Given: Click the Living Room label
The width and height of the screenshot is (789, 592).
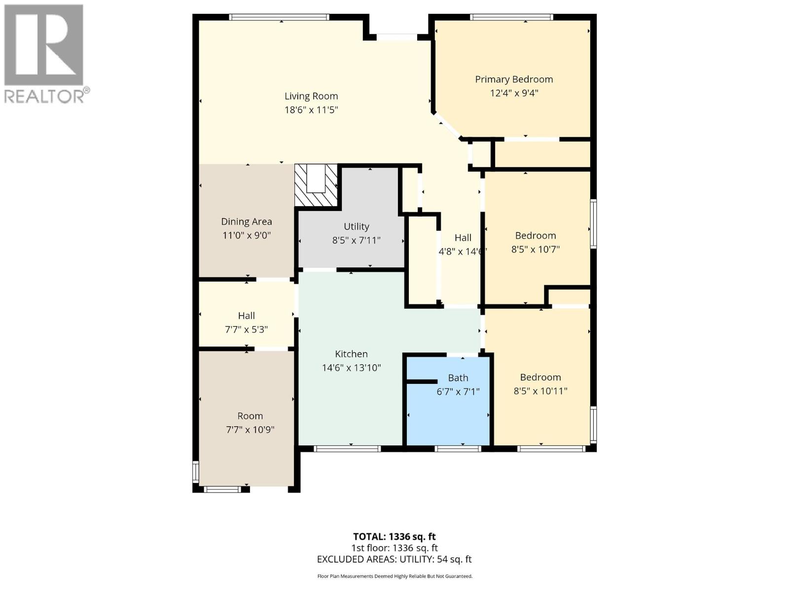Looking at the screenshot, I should [311, 96].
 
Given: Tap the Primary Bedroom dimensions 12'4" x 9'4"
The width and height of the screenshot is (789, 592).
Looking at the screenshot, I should [514, 93].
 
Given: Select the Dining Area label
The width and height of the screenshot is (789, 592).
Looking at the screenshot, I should [246, 222].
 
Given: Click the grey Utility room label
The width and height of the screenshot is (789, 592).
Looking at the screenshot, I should [356, 226].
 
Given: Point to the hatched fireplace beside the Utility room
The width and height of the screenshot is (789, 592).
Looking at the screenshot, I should [316, 186].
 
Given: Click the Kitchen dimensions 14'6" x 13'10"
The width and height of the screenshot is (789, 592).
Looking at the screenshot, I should [351, 368].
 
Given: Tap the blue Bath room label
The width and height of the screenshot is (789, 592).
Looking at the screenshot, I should [458, 378].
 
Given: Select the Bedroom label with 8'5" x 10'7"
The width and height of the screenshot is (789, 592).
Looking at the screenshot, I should [535, 235].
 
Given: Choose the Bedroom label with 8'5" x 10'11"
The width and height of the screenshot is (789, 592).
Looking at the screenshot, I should [540, 377].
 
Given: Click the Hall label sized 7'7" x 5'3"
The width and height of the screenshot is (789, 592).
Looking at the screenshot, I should [246, 315].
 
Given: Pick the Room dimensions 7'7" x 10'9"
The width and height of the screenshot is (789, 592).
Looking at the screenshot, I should [250, 429].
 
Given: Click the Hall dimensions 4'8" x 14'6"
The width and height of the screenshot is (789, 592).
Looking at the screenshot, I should [462, 251].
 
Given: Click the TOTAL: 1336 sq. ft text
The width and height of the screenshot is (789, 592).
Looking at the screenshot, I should [394, 536].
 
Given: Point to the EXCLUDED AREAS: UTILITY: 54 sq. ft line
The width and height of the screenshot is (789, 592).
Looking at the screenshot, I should [394, 559].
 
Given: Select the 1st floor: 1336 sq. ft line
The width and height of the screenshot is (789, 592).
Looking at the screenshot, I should [394, 548].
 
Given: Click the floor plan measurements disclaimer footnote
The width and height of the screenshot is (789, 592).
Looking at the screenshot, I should [394, 576].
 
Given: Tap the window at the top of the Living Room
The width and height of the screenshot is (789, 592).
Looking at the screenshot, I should [279, 17].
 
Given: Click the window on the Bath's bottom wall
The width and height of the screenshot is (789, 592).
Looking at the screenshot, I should [458, 448].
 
